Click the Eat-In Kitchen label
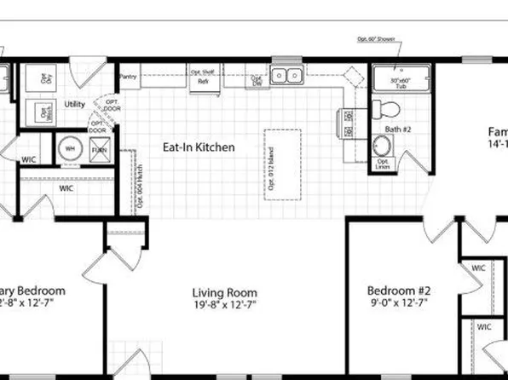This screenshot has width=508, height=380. click(x=199, y=147)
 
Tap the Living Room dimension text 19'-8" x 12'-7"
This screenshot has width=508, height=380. click(x=224, y=304)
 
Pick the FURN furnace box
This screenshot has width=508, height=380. click(x=100, y=150)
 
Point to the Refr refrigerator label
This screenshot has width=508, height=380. click(x=202, y=82)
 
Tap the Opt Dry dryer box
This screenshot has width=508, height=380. click(x=46, y=78)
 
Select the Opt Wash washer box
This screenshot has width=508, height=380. click(x=43, y=112)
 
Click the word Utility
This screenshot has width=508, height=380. click(x=74, y=105)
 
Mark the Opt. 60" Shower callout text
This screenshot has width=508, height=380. click(x=377, y=40)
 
